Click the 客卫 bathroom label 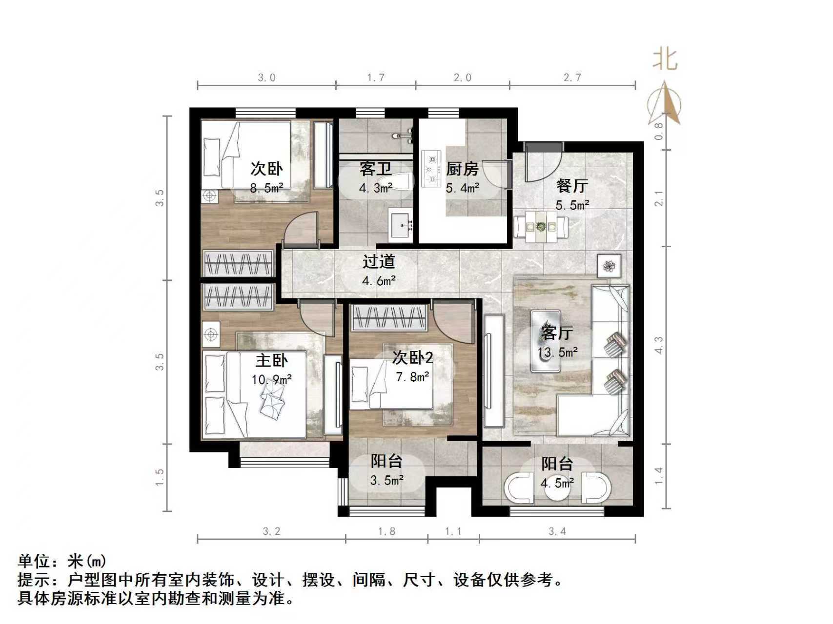(x=375, y=169)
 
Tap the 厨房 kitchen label (x=462, y=169)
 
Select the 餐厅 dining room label (x=572, y=186)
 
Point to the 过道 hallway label (x=378, y=262)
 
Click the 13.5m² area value (x=557, y=352)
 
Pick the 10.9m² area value (x=271, y=379)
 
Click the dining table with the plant (x=541, y=227)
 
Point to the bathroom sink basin (x=402, y=225)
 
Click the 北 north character (x=665, y=59)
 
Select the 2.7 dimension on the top (x=572, y=78)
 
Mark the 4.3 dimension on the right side (x=658, y=345)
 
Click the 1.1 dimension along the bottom (x=453, y=531)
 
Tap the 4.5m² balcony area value (x=557, y=483)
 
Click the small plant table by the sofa (x=609, y=266)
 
